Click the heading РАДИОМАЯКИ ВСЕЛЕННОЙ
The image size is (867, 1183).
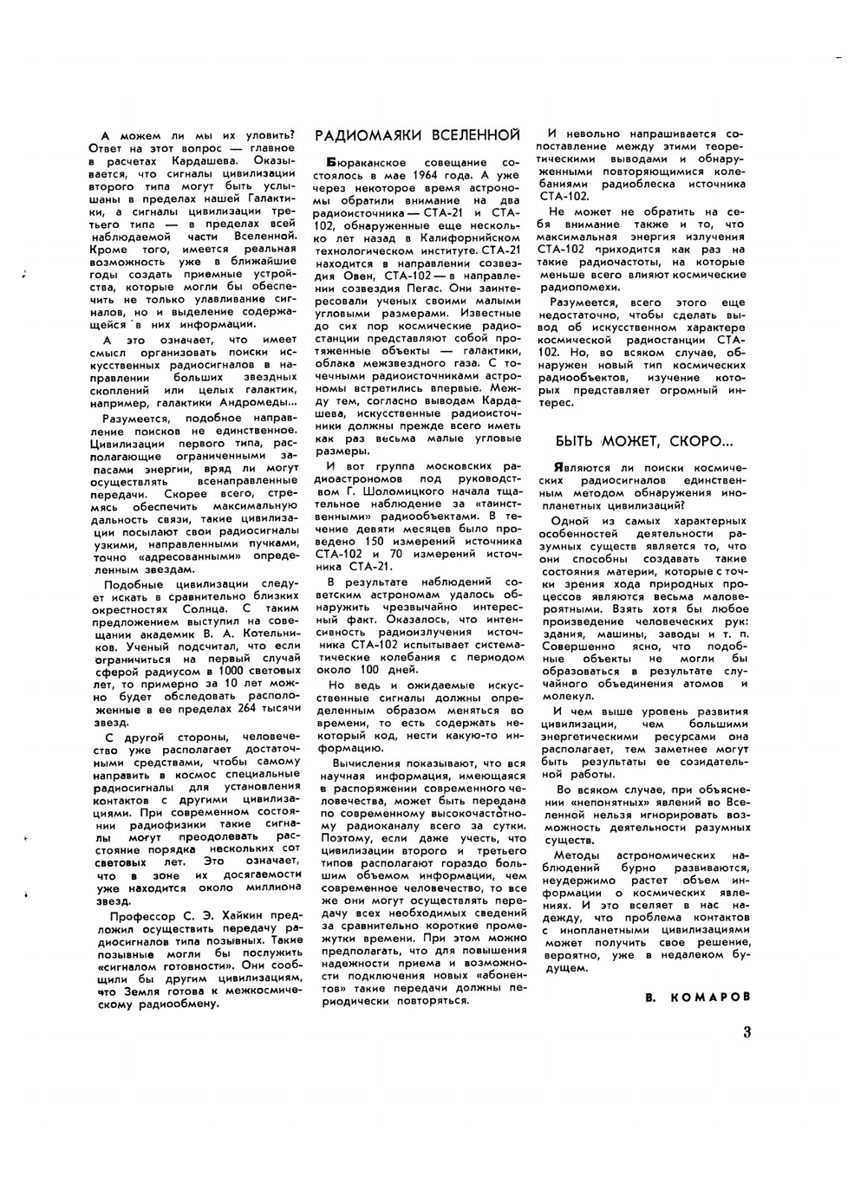click(x=417, y=135)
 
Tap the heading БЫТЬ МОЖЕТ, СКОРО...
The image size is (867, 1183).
click(x=644, y=440)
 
